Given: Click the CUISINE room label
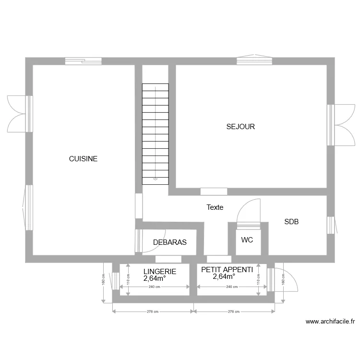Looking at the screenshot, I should click(x=83, y=158).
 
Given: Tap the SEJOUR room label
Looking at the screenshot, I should click(x=240, y=127).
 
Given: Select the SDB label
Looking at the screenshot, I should click(x=291, y=222).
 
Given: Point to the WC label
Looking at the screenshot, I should click(x=247, y=240).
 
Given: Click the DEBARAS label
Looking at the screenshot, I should click(x=169, y=242).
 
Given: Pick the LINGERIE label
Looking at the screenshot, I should click(x=159, y=271).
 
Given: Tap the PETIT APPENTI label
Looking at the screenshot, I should click(x=227, y=270).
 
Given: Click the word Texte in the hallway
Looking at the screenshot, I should click(x=215, y=207).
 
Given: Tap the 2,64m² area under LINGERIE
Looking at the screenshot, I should click(x=155, y=277).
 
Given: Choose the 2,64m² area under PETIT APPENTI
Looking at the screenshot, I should click(x=224, y=276).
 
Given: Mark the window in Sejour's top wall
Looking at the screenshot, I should click(x=254, y=60).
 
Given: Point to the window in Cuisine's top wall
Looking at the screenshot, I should click(x=84, y=60).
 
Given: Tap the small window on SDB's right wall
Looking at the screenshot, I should click(x=330, y=225).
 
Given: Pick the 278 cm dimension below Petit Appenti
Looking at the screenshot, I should click(x=234, y=311).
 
